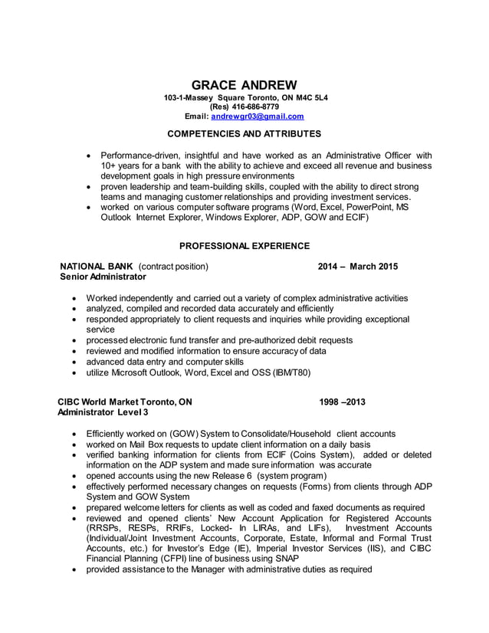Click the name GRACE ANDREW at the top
(244, 84)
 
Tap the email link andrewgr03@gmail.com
(258, 116)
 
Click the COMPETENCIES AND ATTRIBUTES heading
(244, 134)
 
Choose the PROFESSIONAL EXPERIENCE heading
(244, 246)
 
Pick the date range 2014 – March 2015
(357, 266)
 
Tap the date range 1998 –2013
(342, 402)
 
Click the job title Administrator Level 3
(103, 412)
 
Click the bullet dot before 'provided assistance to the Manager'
(73, 569)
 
